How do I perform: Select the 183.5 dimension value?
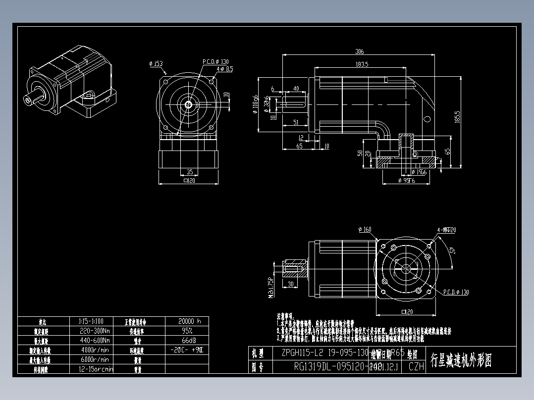(361, 64)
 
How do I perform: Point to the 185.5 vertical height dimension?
(457, 117)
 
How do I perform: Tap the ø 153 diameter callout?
(156, 64)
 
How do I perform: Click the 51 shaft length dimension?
(295, 122)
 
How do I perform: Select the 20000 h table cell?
(186, 321)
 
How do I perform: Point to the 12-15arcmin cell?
(96, 369)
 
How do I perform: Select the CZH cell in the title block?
(416, 367)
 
